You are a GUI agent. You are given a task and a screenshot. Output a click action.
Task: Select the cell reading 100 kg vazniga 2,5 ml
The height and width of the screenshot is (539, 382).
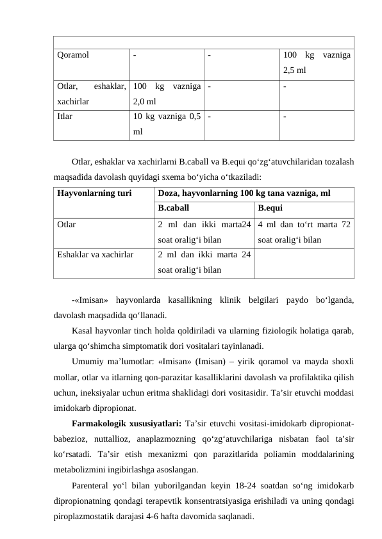(316, 62)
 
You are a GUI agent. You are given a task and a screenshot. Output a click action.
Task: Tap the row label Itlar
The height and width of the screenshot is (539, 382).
(64, 117)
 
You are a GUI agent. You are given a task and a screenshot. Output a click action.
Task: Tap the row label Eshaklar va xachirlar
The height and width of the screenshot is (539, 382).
(95, 254)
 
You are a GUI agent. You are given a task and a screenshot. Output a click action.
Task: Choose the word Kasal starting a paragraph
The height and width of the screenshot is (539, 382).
(83, 330)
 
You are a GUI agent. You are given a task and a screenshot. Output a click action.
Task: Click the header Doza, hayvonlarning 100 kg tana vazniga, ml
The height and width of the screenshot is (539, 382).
(244, 192)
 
